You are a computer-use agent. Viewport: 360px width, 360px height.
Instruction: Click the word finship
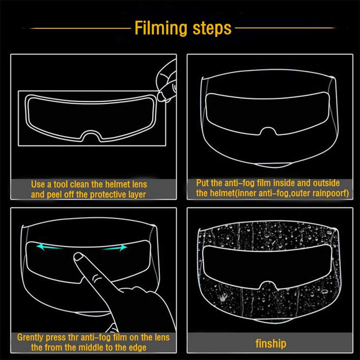(270, 343)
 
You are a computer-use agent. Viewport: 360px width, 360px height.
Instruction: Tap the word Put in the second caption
(202, 183)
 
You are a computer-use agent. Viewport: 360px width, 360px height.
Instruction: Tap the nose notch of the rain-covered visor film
(269, 284)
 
